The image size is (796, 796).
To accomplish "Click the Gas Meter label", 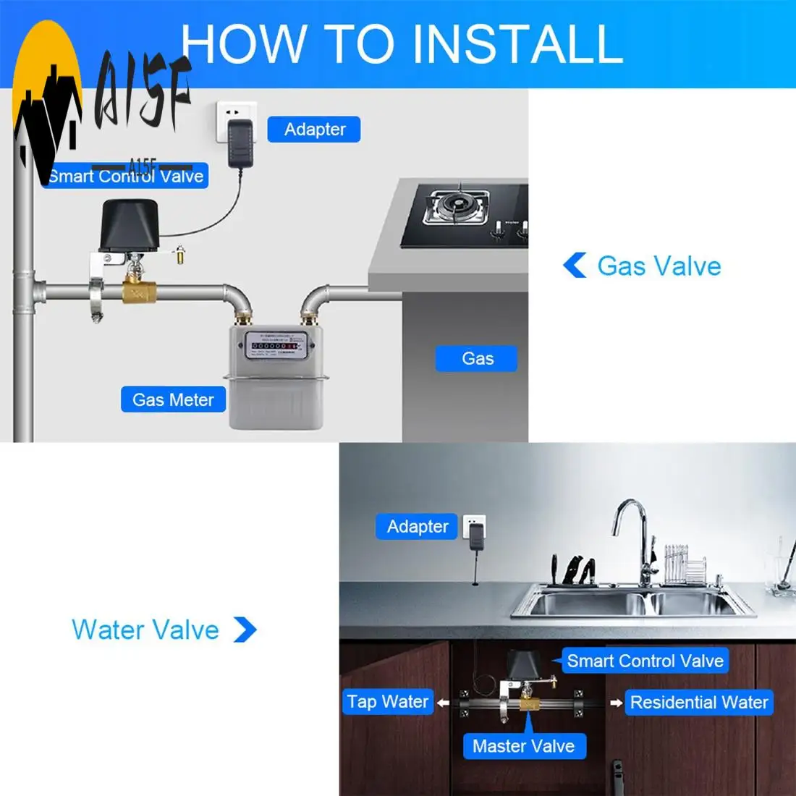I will coord(173,399).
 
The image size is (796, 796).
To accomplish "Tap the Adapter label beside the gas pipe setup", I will coord(314,130).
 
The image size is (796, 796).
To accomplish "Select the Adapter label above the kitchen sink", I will coord(418,526).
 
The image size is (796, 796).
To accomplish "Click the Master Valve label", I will coord(523,746).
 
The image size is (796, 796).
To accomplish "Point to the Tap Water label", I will coord(388,701).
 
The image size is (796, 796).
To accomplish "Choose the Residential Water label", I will coord(698,702).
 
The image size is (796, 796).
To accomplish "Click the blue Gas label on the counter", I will coord(477,358).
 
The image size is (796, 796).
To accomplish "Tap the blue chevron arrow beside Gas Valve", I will coord(575,266).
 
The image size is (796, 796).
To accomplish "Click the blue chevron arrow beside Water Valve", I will coord(245,630).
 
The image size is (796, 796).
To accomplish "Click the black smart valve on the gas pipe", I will coord(127,226).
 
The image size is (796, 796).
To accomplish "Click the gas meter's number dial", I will coord(274,347).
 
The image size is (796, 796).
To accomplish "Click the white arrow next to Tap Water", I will coord(444,703).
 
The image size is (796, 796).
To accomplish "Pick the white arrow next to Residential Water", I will coord(616,703).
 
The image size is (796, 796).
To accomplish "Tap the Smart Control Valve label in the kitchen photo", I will coord(645,661).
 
